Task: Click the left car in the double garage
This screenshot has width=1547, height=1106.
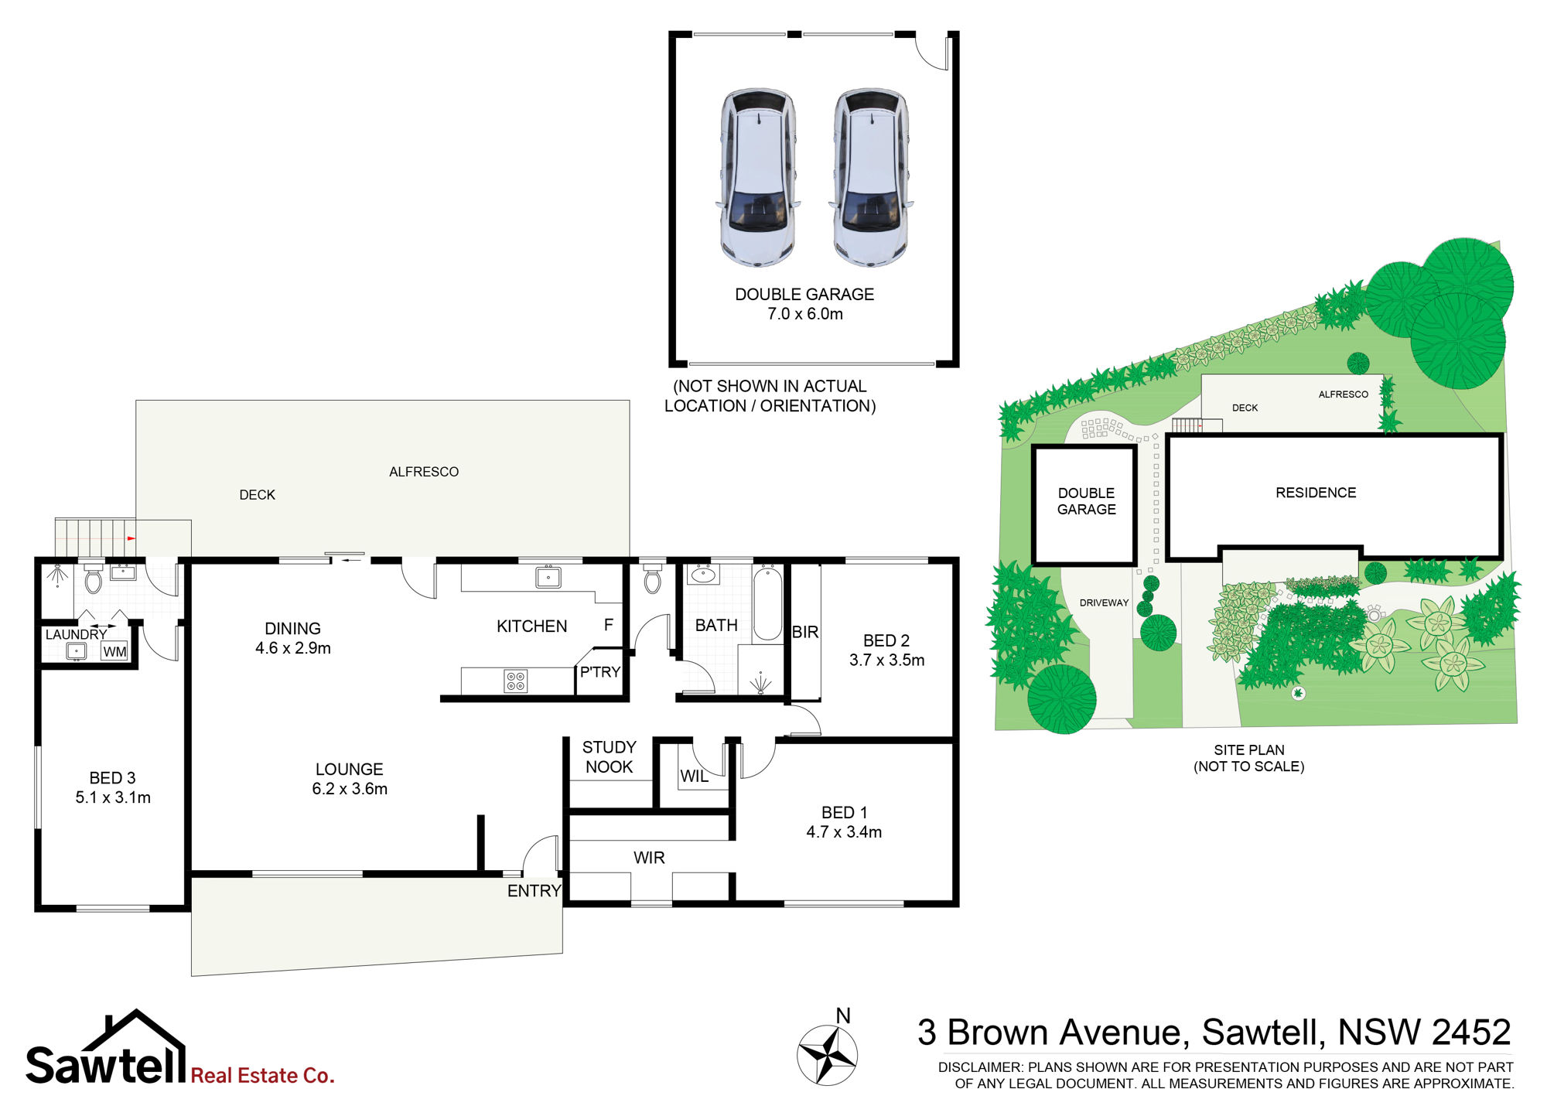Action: [758, 177]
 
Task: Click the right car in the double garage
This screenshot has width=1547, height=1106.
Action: [871, 177]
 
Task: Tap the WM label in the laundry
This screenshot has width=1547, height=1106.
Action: [114, 652]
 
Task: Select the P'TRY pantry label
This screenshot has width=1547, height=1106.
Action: [600, 672]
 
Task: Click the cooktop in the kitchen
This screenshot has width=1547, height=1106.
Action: [516, 681]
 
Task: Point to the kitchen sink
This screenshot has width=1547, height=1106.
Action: [548, 577]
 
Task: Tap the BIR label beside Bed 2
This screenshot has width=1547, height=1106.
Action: [805, 632]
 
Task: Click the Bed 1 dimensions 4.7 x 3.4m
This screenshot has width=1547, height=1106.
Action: [844, 832]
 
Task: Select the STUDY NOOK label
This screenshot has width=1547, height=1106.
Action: [610, 757]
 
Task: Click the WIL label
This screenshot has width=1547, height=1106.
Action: [694, 777]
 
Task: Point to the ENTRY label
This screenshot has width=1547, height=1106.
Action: [534, 891]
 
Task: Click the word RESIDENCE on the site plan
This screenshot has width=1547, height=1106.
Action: [1316, 493]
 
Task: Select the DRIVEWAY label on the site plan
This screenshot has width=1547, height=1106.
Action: [1104, 602]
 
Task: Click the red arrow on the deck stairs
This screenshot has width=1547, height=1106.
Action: [131, 538]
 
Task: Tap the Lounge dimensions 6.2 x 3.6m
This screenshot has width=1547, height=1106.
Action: [350, 789]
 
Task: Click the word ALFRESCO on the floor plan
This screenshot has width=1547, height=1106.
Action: [424, 472]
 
